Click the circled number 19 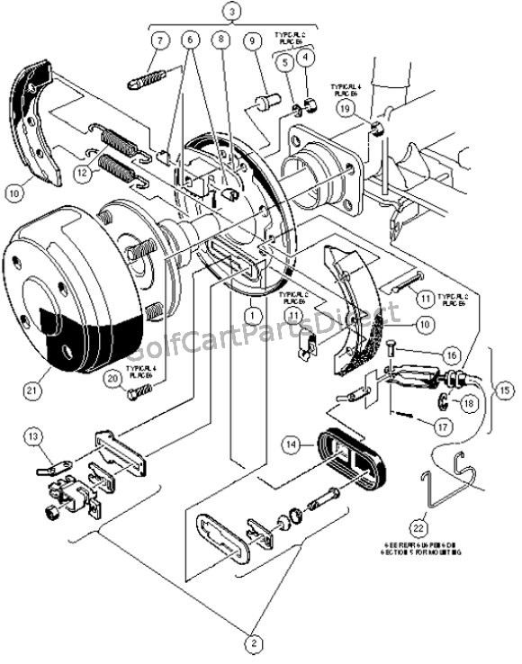click(x=346, y=108)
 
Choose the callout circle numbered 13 click(x=33, y=437)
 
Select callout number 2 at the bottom click(x=255, y=642)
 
